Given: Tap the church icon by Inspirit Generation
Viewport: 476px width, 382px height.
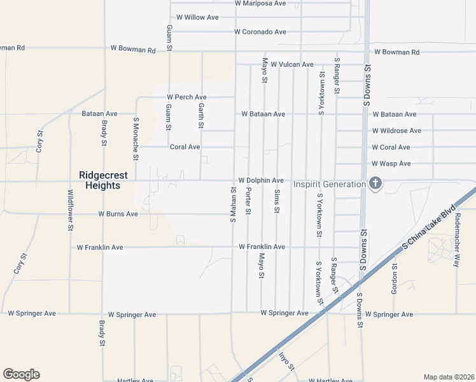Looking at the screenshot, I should (375, 184).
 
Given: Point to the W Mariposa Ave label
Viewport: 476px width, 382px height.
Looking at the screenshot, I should (260, 3).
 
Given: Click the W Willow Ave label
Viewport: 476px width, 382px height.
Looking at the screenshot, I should (197, 17).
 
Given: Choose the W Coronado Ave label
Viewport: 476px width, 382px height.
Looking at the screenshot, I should (260, 32).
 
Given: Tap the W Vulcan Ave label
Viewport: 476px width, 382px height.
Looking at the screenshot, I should (292, 64).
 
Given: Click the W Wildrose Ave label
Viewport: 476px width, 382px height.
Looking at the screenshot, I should (396, 131).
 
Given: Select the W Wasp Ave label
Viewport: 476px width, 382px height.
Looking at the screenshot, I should (391, 164).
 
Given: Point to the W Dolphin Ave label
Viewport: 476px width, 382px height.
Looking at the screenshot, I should (261, 181).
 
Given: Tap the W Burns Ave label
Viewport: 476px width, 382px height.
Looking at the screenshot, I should (118, 215).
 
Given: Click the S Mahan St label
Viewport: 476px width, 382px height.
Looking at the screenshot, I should (233, 204).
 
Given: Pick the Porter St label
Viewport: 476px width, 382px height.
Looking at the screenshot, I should (248, 201).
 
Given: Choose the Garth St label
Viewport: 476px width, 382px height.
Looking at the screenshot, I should (201, 115).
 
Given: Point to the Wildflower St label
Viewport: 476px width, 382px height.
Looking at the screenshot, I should (71, 209).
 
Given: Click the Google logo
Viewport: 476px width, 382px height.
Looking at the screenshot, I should (21, 374).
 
